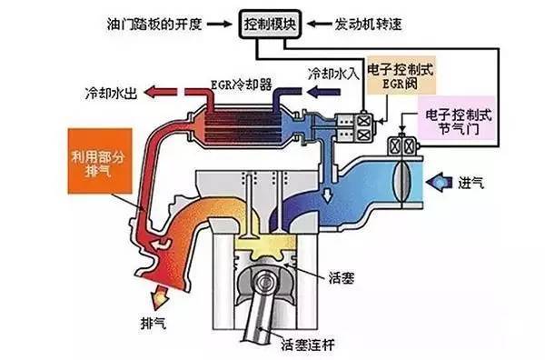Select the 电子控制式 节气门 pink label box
click(x=457, y=124)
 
